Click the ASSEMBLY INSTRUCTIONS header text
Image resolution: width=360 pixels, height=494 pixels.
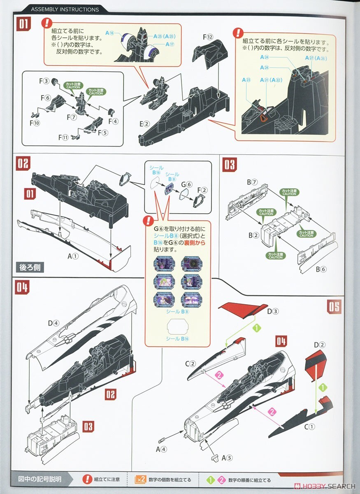click(x=65, y=9)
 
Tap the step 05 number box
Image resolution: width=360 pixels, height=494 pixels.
click(x=334, y=306)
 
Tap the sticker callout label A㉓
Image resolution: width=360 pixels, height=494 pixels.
click(x=246, y=79)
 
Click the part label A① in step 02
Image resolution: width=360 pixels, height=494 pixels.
click(x=73, y=256)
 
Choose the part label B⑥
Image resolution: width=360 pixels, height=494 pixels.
click(x=321, y=269)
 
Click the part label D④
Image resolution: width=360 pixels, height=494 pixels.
click(x=54, y=323)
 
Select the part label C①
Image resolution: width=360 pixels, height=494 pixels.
click(x=309, y=427)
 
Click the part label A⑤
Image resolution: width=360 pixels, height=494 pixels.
click(x=227, y=457)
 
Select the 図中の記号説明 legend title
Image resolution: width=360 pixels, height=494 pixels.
click(x=40, y=480)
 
